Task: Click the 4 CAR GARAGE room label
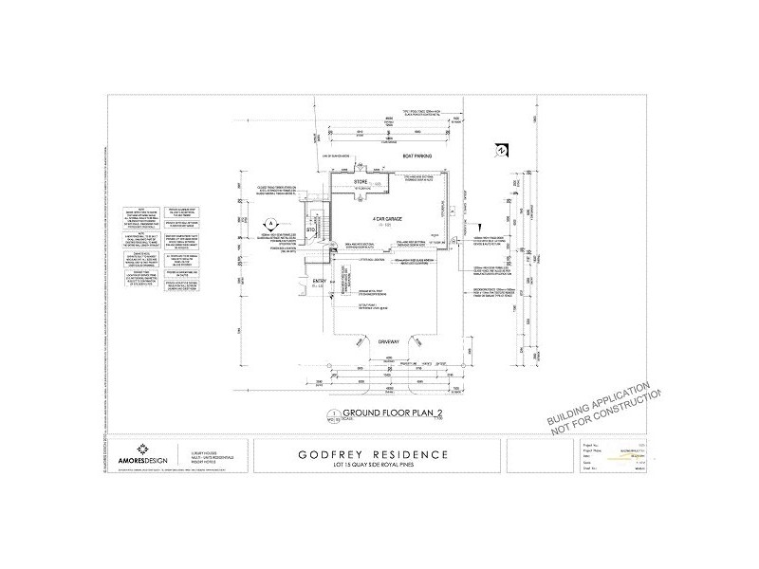point(382,219)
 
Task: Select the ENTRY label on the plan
point(305,282)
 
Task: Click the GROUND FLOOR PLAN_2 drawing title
point(394,412)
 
